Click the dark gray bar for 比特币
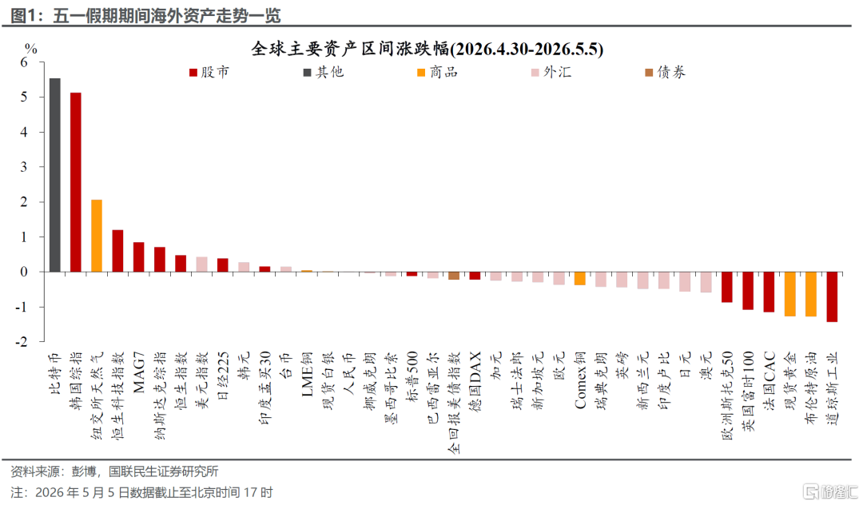point(55,175)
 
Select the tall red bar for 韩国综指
point(76,182)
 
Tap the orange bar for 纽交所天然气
point(97,236)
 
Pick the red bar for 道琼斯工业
point(832,296)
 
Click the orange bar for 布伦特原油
point(811,294)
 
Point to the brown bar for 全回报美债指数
point(454,276)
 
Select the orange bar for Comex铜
point(580,278)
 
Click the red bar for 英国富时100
point(748,291)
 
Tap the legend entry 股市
point(209,72)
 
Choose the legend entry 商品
point(438,72)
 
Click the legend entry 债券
point(666,72)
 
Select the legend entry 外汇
point(551,72)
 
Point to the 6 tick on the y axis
point(24,62)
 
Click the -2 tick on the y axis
point(21,342)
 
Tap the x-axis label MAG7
point(139,372)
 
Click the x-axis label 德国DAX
point(475,382)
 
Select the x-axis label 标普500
point(412,377)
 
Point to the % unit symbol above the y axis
point(31,49)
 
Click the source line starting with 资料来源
point(114,471)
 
